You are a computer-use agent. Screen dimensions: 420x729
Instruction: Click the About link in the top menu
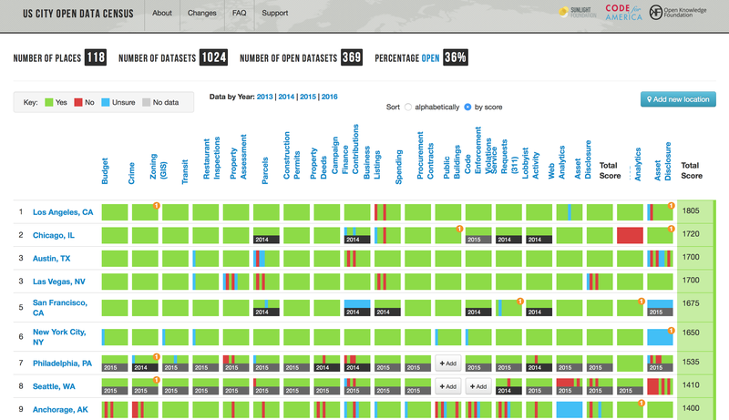coord(162,14)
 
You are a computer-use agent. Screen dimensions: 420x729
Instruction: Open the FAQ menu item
coord(239,14)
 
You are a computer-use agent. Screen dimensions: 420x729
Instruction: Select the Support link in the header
coord(274,14)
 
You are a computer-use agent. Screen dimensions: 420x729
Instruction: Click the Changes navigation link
coord(201,14)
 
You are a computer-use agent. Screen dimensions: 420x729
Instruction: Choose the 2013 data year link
coord(265,96)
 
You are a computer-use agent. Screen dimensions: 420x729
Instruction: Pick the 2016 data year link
coord(330,96)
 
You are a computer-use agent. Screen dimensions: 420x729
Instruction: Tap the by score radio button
coord(467,107)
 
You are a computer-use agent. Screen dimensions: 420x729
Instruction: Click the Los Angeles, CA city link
coord(63,211)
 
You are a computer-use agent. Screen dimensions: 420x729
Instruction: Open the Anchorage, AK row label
coord(61,409)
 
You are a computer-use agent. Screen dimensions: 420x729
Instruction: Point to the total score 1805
coord(692,211)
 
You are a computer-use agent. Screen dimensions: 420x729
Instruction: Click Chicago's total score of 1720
coord(692,234)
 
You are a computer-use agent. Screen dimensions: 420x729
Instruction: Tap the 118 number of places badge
coord(96,58)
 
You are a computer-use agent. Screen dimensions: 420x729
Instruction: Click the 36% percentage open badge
coord(456,58)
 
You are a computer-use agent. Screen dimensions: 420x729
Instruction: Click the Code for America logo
coord(624,14)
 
